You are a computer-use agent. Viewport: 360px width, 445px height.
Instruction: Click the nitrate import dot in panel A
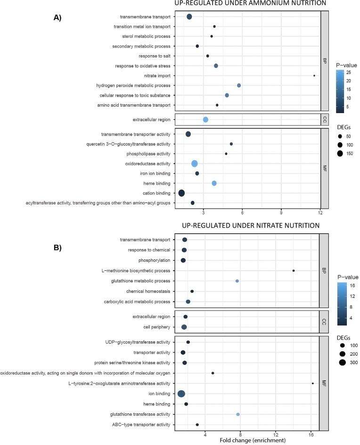pyautogui.click(x=314, y=75)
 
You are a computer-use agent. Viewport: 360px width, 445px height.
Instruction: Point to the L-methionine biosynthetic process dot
pyautogui.click(x=294, y=271)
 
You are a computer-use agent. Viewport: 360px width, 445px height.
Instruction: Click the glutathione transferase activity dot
pyautogui.click(x=238, y=414)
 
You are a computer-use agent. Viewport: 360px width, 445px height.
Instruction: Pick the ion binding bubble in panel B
pyautogui.click(x=181, y=394)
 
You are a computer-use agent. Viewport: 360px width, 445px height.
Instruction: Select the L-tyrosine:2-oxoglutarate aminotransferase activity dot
pyautogui.click(x=312, y=383)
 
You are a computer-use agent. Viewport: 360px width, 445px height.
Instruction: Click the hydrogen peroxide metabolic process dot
pyautogui.click(x=239, y=85)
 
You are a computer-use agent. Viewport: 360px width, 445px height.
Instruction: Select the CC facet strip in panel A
pyautogui.click(x=324, y=120)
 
